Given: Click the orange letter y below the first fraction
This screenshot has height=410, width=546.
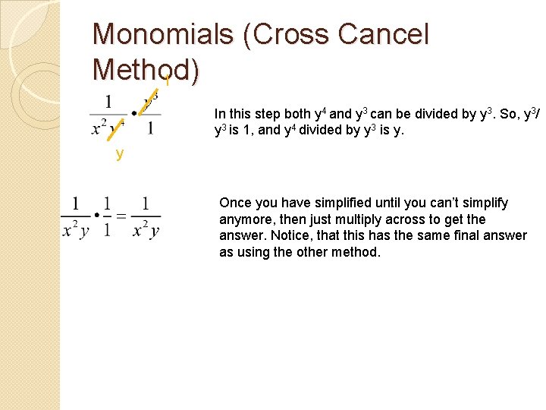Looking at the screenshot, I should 120,155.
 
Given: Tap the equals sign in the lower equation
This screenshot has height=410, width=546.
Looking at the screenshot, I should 121,216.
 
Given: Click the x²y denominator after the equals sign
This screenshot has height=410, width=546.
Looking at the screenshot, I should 146,231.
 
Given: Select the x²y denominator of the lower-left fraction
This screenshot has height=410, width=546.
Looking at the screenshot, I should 75,231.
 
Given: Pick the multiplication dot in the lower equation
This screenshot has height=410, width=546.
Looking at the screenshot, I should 96,216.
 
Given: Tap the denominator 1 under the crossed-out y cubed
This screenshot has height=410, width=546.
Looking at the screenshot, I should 151,128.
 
